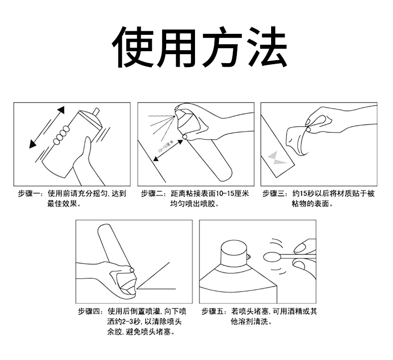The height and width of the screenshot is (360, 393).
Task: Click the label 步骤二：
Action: point(153,194)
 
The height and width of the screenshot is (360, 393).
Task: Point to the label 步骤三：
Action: point(275,194)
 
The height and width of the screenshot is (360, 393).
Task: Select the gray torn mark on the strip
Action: point(275,158)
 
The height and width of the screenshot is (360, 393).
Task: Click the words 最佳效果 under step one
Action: point(62,204)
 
